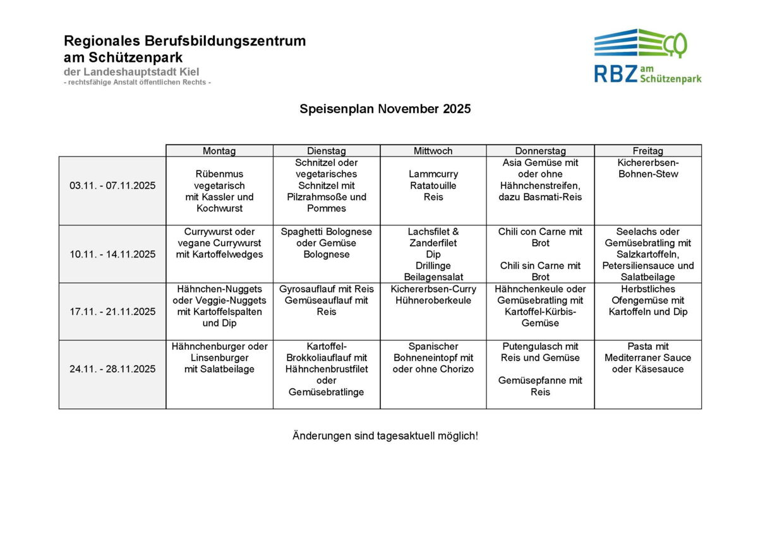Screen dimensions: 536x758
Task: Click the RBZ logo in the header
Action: (647, 56)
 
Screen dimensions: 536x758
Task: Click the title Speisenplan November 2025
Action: (385, 109)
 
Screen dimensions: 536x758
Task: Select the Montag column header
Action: (219, 151)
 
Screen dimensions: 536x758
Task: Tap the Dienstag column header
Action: (327, 151)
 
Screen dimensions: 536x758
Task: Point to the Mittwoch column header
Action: (433, 151)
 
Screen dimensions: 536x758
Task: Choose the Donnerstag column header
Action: (540, 151)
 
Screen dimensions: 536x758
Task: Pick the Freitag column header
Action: (647, 151)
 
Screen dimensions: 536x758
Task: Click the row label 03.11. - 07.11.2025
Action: (112, 186)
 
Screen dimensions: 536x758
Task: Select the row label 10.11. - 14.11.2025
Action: (112, 254)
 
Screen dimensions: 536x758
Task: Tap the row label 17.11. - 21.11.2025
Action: (112, 311)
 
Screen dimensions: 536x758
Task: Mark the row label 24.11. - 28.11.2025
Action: (112, 369)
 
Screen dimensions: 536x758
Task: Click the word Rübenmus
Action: (219, 174)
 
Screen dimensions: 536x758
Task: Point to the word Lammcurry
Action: (433, 174)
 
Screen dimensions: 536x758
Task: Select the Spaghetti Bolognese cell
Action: (327, 243)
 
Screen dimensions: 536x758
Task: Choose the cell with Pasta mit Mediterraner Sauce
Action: (647, 358)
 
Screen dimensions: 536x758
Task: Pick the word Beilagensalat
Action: (433, 277)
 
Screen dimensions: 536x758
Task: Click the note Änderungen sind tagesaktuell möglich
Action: (385, 436)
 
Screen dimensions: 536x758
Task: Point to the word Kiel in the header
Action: (189, 72)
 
